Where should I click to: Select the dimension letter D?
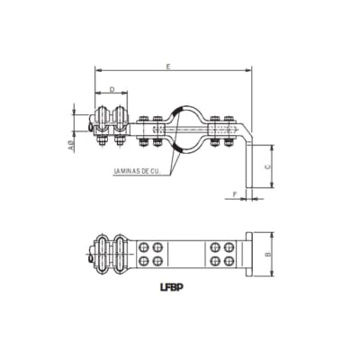(x=111, y=89)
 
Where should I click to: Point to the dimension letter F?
(x=236, y=193)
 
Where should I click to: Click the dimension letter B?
(x=270, y=255)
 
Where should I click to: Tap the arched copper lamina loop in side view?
(x=184, y=126)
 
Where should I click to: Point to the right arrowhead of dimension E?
(x=248, y=71)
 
